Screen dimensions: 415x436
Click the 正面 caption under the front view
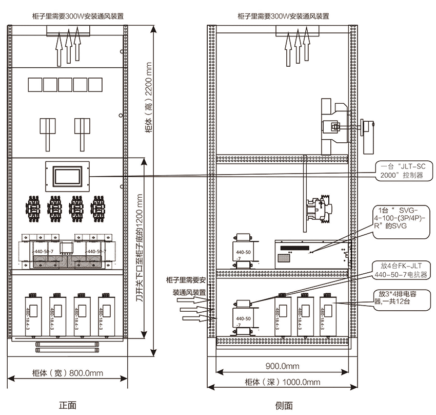click(68, 405)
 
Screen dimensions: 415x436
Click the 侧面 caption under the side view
click(284, 405)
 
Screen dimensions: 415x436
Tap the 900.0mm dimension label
click(283, 366)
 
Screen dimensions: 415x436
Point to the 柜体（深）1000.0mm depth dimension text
click(283, 382)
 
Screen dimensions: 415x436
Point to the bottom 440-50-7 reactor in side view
click(244, 317)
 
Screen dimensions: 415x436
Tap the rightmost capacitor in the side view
click(328, 314)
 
